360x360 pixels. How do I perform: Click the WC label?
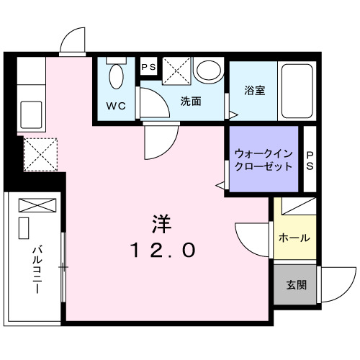[x=117, y=106]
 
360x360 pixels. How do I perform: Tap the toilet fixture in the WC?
[x=116, y=74]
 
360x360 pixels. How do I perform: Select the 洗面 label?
[x=190, y=102]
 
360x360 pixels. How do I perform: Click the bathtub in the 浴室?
[x=297, y=92]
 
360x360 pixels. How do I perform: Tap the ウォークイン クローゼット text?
[x=263, y=159]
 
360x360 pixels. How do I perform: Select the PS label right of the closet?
[x=310, y=160]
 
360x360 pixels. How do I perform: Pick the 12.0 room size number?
[x=163, y=251]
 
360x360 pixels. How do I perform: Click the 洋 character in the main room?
[x=163, y=223]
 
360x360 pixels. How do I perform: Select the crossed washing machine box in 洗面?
[x=175, y=71]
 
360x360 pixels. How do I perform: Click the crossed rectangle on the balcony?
[x=32, y=204]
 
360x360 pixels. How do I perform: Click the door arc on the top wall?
[x=73, y=42]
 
